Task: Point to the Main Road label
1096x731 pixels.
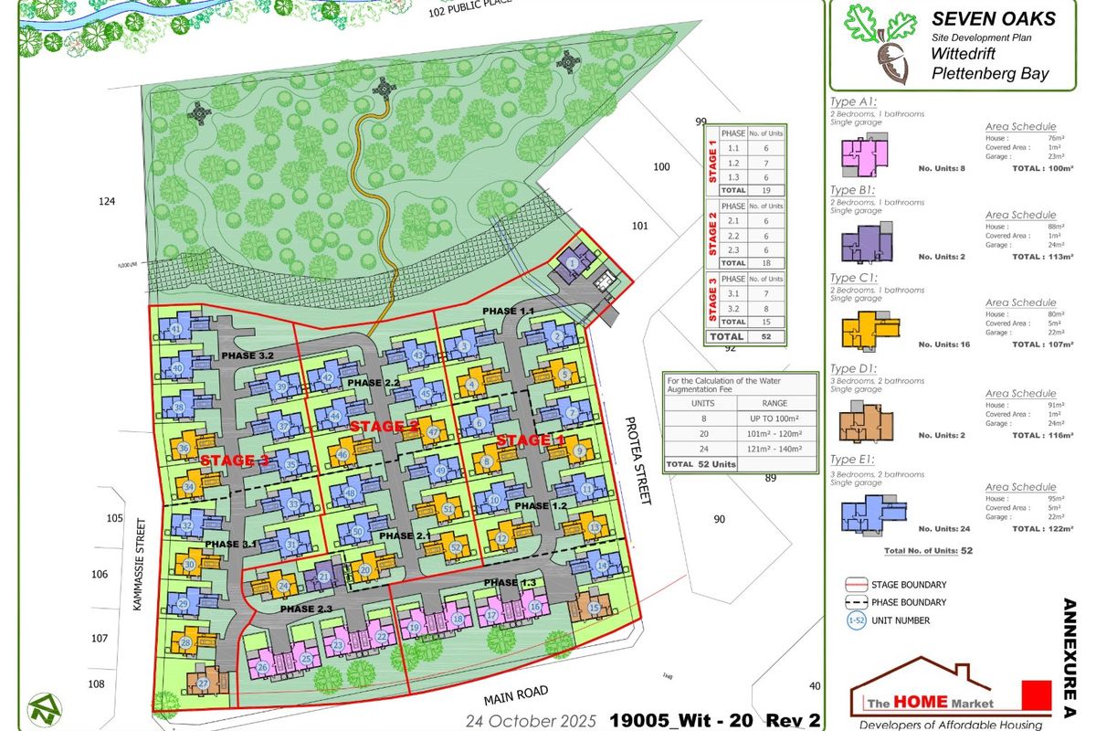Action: [518, 697]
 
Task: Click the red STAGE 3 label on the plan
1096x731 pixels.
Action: [235, 461]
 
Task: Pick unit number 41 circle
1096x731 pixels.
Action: [176, 329]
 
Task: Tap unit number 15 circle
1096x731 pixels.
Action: [594, 608]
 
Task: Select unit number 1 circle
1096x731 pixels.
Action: [572, 263]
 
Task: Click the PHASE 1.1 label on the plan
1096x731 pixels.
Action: [508, 312]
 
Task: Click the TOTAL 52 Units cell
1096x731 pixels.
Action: [701, 464]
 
